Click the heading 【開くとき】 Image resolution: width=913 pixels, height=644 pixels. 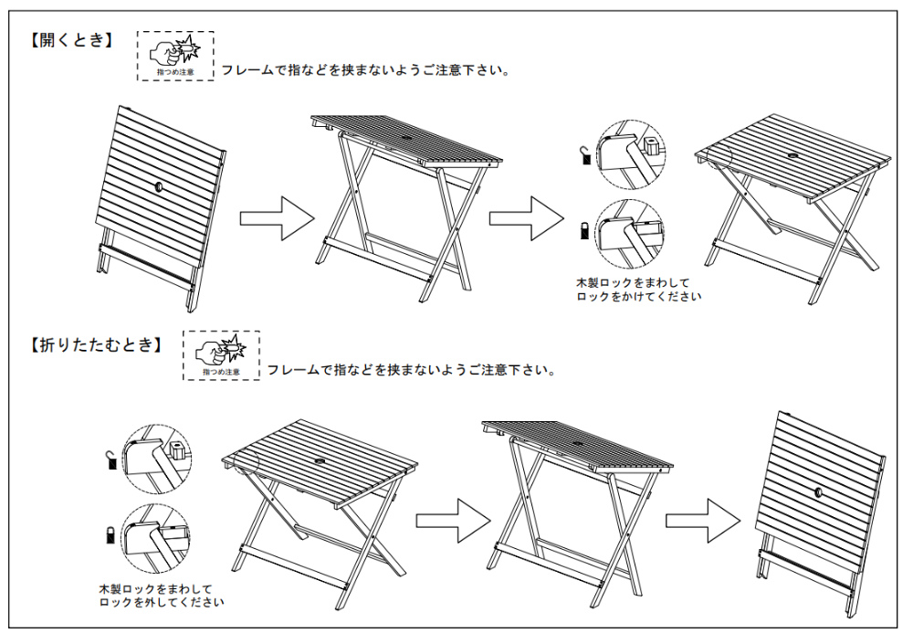71,40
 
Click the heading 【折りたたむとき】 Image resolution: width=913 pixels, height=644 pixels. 95,344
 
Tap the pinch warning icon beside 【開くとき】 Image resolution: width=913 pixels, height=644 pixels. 175,56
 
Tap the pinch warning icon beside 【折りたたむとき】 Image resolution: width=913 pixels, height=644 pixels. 221,355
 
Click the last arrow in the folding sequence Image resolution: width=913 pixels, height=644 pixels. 701,520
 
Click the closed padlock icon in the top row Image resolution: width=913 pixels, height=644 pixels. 584,229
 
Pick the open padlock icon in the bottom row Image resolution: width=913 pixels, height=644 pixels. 111,460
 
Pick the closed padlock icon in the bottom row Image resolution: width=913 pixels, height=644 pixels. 110,533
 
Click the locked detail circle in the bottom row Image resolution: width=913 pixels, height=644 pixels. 154,535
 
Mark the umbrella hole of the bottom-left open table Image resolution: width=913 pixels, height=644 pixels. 318,463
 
